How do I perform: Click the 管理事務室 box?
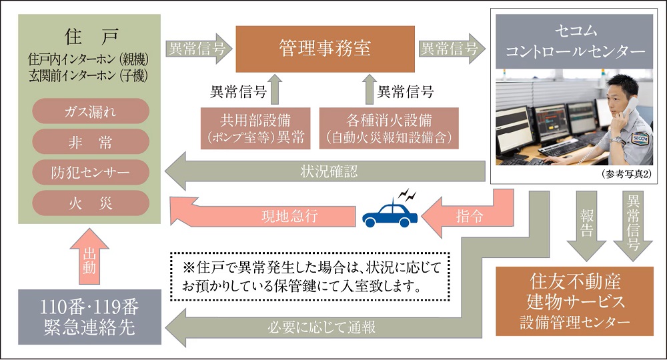(325, 49)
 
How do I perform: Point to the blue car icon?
(390, 214)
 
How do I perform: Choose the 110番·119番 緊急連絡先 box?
(89, 316)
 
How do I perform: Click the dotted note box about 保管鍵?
(306, 275)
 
